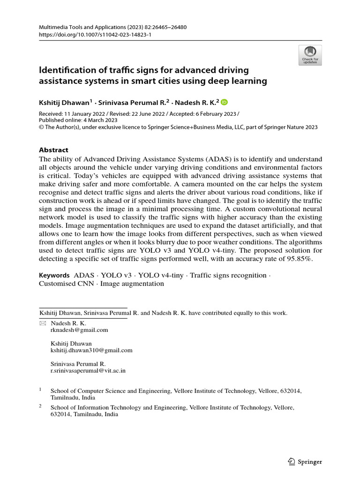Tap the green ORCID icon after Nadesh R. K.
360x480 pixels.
(x=224, y=103)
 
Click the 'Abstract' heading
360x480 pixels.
(x=53, y=150)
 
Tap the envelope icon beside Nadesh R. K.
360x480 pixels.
(x=43, y=323)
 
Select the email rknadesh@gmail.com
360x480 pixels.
(x=79, y=330)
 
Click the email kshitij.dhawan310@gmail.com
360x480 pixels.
(x=91, y=350)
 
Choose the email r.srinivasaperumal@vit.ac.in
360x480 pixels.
(x=88, y=370)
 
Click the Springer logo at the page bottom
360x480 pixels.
(x=305, y=462)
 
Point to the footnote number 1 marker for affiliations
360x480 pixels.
(x=40, y=389)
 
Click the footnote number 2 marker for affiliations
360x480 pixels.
(x=40, y=407)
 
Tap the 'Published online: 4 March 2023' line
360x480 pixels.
(x=78, y=120)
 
